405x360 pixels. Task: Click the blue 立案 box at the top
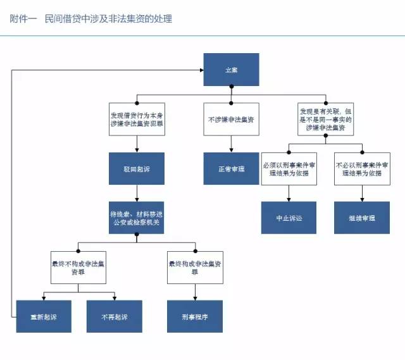[231, 70]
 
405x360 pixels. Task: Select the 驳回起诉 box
[136, 169]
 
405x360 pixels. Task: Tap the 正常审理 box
[230, 169]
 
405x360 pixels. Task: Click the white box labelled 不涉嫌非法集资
[230, 119]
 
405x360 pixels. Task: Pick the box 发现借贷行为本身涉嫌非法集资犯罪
[136, 119]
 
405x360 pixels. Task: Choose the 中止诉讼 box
[289, 218]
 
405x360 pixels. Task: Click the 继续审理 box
[361, 218]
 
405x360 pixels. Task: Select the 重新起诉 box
[42, 316]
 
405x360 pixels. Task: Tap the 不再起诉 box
[115, 316]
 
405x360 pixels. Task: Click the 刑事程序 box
[194, 316]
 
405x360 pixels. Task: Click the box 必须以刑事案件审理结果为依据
[289, 168]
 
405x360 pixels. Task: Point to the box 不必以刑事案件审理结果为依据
[361, 168]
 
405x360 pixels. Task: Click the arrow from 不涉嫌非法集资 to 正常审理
[230, 144]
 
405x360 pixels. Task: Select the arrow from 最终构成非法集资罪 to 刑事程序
[194, 291]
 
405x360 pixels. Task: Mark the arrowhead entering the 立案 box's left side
[200, 70]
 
